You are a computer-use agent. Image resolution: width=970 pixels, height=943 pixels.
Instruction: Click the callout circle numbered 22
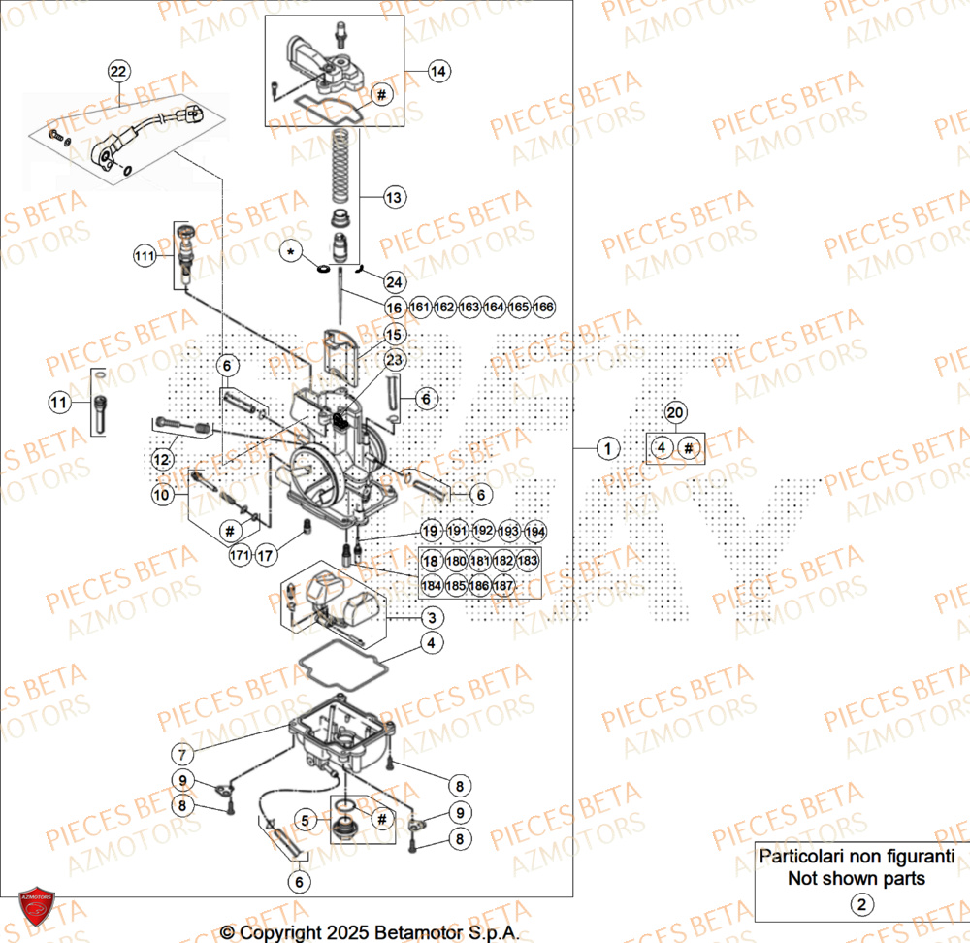tap(117, 71)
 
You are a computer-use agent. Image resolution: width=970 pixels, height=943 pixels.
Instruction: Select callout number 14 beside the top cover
tap(438, 71)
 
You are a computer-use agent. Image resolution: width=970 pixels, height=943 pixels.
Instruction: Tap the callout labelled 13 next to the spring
tap(393, 198)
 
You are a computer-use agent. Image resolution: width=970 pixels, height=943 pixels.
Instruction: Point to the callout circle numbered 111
tap(145, 256)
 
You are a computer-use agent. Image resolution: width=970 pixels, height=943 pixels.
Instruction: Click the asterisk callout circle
tap(290, 252)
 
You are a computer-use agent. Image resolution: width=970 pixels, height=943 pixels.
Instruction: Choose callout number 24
tap(393, 282)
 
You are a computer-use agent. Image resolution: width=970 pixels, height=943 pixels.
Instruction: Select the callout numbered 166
tap(544, 308)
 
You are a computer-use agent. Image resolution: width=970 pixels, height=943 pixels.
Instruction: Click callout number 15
tap(393, 334)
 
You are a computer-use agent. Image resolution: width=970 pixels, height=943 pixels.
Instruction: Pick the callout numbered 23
tap(393, 360)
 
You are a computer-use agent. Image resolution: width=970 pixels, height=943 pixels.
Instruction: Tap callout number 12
tap(161, 457)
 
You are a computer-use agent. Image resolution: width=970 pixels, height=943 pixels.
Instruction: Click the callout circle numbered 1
tap(607, 449)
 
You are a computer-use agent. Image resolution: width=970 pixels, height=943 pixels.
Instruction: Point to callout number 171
tap(239, 555)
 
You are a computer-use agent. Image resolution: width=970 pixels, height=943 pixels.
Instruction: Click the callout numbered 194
tap(534, 532)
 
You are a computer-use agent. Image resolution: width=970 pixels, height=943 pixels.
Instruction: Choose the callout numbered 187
tap(502, 586)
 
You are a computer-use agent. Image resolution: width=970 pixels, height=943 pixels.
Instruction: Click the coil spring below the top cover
tap(340, 165)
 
